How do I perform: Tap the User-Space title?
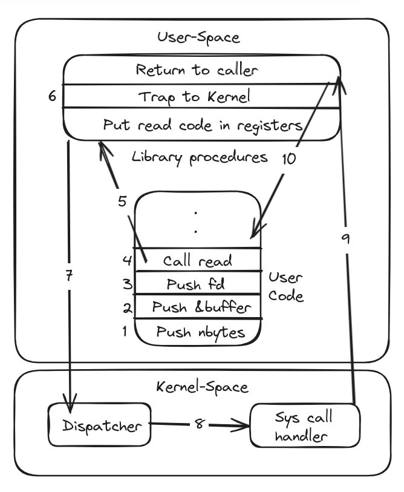coord(198,38)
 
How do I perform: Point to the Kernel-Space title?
coord(201,386)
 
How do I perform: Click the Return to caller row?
coord(197,70)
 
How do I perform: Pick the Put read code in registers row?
coord(202,125)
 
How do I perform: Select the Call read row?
coord(197,261)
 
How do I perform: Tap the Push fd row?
coord(197,284)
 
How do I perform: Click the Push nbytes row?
coord(197,332)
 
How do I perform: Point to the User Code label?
coord(286,288)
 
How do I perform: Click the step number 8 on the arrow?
coord(199,425)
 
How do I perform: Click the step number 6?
coord(52,96)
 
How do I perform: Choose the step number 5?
coord(122,202)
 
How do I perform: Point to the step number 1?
coord(125,332)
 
